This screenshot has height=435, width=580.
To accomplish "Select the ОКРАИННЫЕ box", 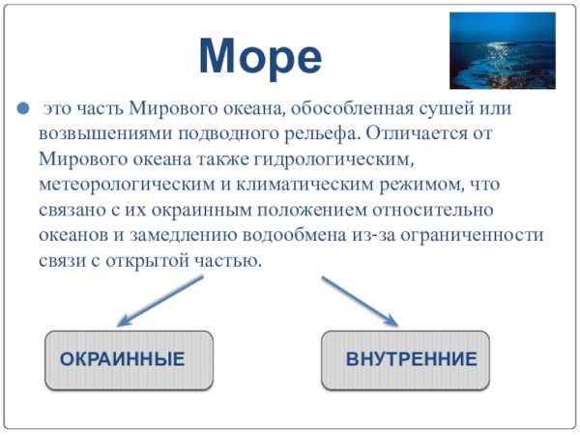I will click(x=129, y=360).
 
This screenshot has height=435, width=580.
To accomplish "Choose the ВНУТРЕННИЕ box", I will click(x=405, y=360).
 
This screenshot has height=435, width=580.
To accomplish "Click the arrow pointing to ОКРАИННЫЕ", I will click(x=159, y=301).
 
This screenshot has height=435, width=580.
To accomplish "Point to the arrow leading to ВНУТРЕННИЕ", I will click(x=360, y=301).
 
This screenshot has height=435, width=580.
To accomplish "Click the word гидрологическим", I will click(x=343, y=158).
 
